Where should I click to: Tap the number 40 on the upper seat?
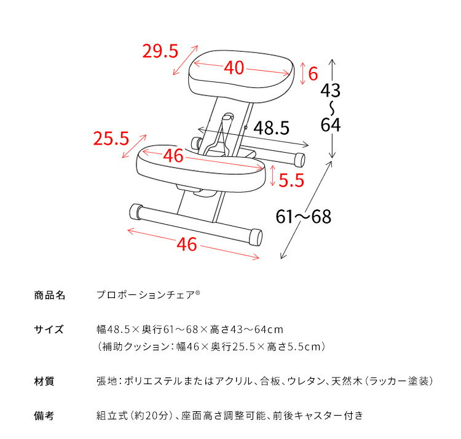[234, 68]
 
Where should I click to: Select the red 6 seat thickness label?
[312, 74]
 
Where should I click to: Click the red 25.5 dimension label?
[111, 139]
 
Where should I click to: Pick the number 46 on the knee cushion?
[174, 156]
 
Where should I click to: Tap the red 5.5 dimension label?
[291, 180]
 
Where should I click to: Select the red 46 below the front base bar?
[187, 244]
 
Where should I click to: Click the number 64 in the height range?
[330, 125]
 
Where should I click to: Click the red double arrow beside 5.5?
[272, 175]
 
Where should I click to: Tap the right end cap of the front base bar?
[256, 238]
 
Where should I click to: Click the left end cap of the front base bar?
[135, 212]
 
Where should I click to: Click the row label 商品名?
[49, 295]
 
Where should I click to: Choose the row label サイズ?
[49, 329]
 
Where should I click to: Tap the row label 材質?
[44, 382]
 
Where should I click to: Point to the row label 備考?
[44, 416]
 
